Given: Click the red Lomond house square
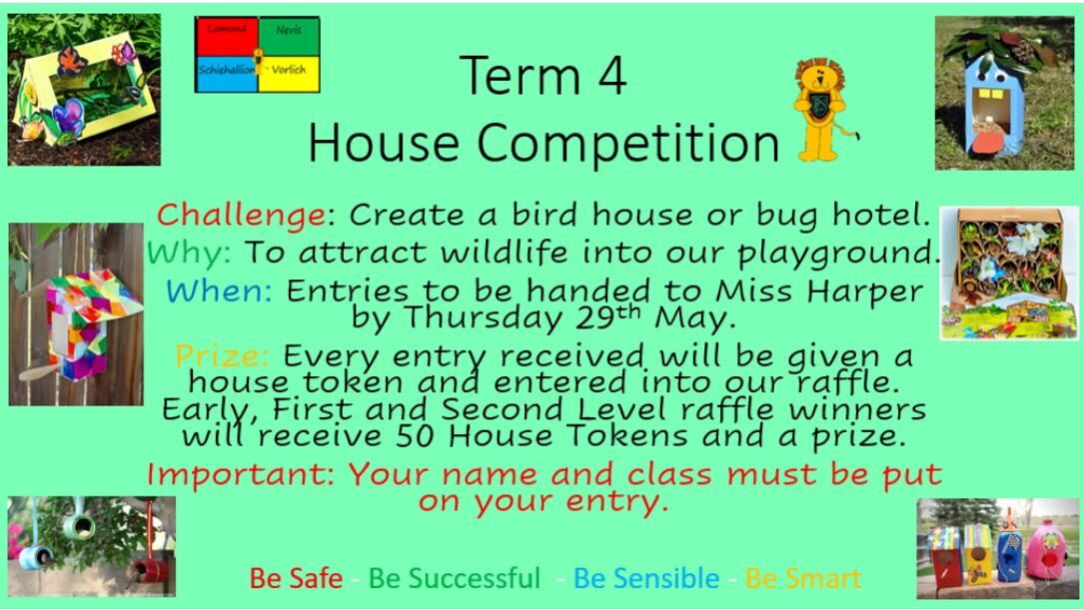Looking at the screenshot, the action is tap(227, 37).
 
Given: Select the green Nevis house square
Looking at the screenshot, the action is tap(289, 37).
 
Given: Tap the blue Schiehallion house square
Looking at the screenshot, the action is tap(227, 74).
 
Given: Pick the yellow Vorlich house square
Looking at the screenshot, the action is tap(289, 74).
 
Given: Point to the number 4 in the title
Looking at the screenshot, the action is tap(611, 75).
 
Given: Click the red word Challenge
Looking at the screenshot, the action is tap(241, 216).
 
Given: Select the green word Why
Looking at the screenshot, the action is tap(188, 253).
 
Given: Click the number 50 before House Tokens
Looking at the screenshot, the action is tap(417, 436).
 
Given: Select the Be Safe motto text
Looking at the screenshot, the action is tap(296, 578).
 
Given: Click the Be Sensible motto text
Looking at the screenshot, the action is tap(646, 578).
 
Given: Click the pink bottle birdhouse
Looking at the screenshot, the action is tap(1046, 550).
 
